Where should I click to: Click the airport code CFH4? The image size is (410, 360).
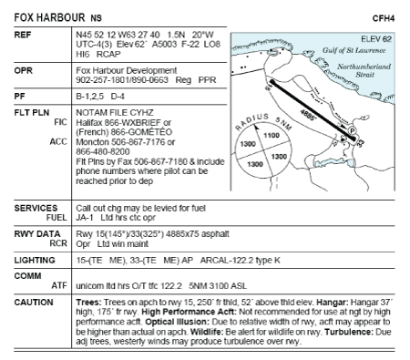coord(384,18)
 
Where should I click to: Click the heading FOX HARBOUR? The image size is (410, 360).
coord(49,17)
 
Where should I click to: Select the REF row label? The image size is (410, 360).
coord(23,35)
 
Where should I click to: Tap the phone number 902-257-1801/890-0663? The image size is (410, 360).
coord(122,80)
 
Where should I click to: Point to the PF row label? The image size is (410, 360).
coord(19,97)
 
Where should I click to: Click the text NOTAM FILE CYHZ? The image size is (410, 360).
coord(115,113)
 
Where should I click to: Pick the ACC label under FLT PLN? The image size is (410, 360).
coord(58,141)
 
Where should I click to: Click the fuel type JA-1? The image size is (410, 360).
coord(85,218)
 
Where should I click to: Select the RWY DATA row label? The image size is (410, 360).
coord(37,234)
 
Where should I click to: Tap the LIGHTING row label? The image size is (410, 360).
coord(35,261)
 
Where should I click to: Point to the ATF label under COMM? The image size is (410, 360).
coord(59,285)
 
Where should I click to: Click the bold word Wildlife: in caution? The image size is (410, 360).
coord(207,332)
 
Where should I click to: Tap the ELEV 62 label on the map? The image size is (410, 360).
coord(376,39)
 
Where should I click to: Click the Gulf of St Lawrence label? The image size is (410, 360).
coord(354,50)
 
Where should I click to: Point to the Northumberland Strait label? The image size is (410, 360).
coord(364,70)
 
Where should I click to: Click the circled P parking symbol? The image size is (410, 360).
coord(352,130)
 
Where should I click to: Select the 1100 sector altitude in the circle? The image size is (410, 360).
coord(272,136)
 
